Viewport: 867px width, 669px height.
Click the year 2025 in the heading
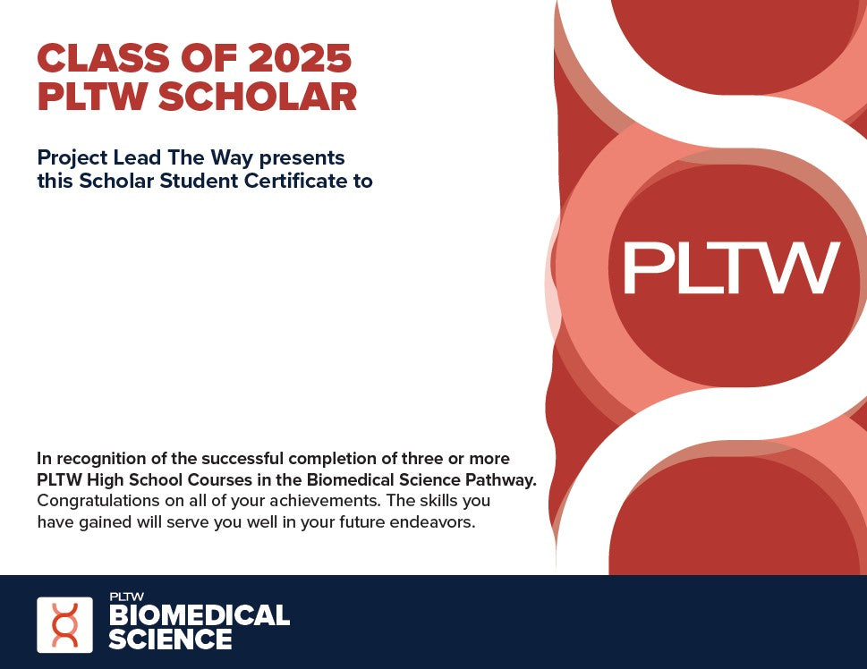300,58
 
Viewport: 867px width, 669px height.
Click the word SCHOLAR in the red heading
258,97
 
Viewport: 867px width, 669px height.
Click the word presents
302,159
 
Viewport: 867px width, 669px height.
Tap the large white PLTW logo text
732,267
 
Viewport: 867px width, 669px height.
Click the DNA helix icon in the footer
64,625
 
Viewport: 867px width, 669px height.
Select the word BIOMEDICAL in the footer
200,614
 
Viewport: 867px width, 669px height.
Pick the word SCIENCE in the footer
170,639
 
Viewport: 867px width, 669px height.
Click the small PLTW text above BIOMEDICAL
127,597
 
